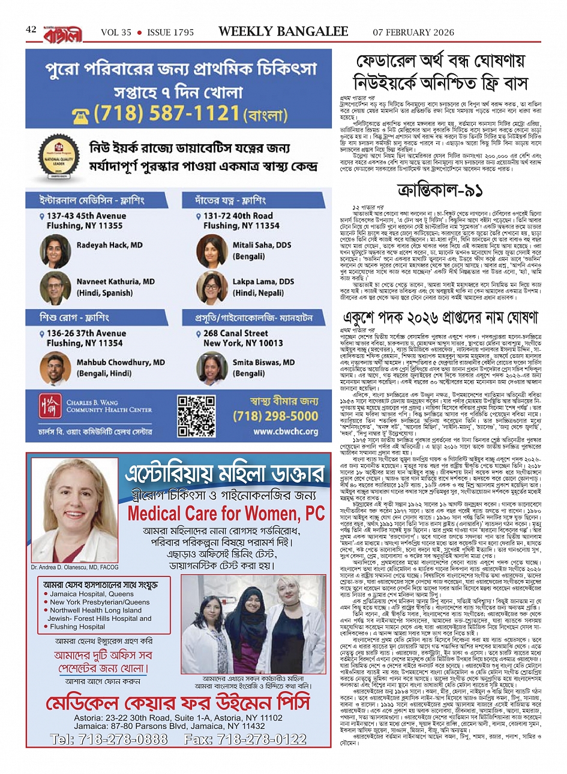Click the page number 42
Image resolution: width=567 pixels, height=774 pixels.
click(x=31, y=29)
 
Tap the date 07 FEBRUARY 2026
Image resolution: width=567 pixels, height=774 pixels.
click(x=413, y=32)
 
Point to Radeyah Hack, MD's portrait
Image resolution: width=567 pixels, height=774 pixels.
click(x=56, y=250)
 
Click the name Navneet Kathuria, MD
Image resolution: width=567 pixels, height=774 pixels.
click(x=115, y=281)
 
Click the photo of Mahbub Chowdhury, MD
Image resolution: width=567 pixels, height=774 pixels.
click(x=56, y=367)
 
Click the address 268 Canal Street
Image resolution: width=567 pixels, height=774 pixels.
click(x=236, y=333)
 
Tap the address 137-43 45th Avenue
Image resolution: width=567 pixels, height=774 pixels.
click(x=86, y=216)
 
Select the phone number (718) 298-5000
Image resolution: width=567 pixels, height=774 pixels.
click(x=275, y=416)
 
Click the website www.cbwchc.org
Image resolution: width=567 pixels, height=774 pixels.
click(x=286, y=431)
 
